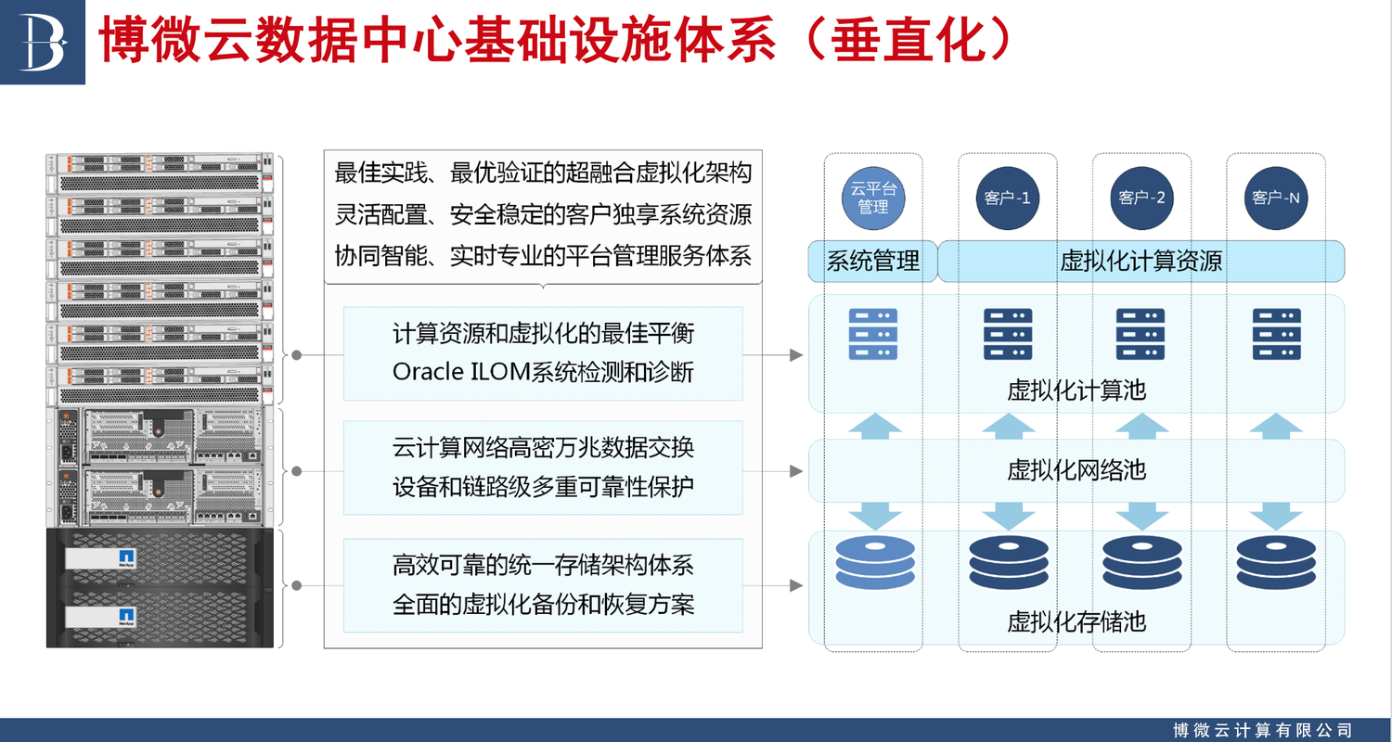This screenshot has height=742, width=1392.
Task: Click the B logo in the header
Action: [42, 41]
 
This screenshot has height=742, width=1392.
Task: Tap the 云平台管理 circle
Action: [872, 198]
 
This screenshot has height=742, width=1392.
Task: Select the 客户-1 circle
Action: [1007, 198]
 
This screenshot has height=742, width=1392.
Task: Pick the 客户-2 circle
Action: [1141, 198]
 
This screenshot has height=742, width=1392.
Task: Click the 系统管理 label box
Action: [872, 262]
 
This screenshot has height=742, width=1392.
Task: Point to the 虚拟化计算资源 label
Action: [1141, 262]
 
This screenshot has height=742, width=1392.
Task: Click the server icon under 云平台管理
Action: [873, 333]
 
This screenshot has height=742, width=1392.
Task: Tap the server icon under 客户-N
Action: [1275, 333]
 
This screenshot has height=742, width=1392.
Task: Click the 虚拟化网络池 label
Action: [1076, 469]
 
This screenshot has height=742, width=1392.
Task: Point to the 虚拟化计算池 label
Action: [1076, 390]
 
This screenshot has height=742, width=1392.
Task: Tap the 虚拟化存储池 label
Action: [1076, 620]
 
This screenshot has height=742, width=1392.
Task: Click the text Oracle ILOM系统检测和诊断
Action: [543, 371]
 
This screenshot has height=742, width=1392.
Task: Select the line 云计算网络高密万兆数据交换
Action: [543, 447]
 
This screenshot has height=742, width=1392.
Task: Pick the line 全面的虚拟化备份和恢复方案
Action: [543, 605]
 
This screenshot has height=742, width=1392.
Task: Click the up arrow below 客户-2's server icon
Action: [1141, 426]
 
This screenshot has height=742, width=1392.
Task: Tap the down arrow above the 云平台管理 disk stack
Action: [873, 513]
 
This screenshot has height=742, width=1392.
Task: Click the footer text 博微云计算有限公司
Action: [1262, 730]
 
